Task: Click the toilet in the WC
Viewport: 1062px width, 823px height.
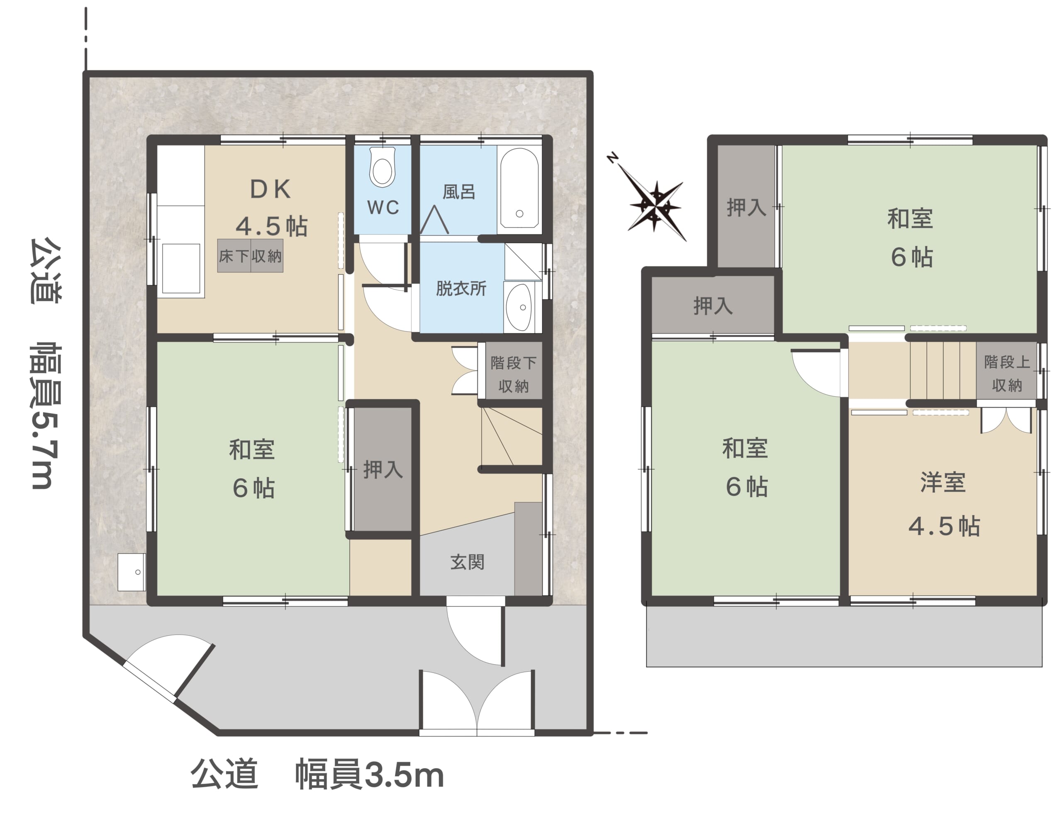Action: (382, 166)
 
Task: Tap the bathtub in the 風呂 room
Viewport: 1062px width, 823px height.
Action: (519, 188)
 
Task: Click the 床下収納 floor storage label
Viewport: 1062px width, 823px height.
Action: (250, 256)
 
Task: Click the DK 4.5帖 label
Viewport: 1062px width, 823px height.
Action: (271, 208)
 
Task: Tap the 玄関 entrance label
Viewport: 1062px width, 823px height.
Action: (467, 562)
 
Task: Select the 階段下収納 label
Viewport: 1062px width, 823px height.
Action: (514, 375)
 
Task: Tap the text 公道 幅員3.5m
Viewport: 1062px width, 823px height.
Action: (317, 775)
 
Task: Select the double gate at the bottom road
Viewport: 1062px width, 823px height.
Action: (477, 702)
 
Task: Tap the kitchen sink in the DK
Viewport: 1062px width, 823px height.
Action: (181, 268)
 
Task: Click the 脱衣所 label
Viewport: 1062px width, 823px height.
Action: (461, 288)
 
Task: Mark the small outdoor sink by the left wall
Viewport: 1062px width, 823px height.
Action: (131, 572)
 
